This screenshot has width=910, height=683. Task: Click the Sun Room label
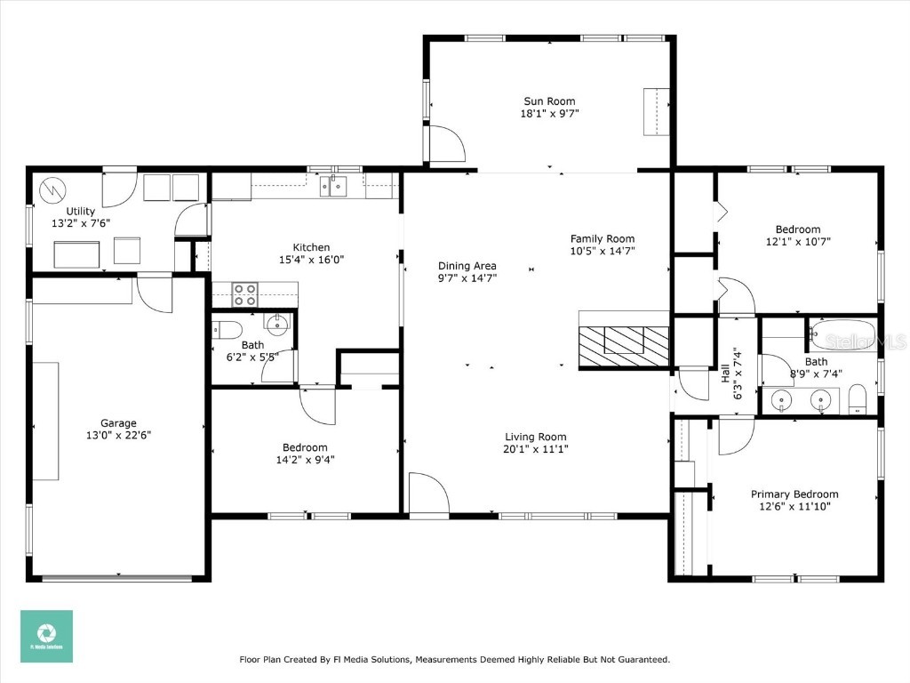pyautogui.click(x=548, y=101)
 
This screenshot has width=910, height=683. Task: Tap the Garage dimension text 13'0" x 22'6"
pyautogui.click(x=118, y=436)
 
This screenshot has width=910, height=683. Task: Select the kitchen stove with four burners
pyautogui.click(x=244, y=294)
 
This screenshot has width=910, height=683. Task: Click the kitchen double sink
pyautogui.click(x=333, y=187)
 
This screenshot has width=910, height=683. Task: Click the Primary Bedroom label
pyautogui.click(x=794, y=494)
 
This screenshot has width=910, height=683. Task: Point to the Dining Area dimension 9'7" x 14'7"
pyautogui.click(x=467, y=277)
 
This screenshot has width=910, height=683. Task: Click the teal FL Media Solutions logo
pyautogui.click(x=46, y=636)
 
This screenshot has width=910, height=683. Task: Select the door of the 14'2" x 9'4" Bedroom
pyautogui.click(x=316, y=406)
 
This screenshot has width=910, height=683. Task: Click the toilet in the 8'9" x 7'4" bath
pyautogui.click(x=858, y=398)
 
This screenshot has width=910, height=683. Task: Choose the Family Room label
pyautogui.click(x=603, y=238)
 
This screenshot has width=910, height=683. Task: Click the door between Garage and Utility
pyautogui.click(x=155, y=293)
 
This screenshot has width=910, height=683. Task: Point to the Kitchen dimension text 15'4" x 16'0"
pyautogui.click(x=311, y=260)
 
